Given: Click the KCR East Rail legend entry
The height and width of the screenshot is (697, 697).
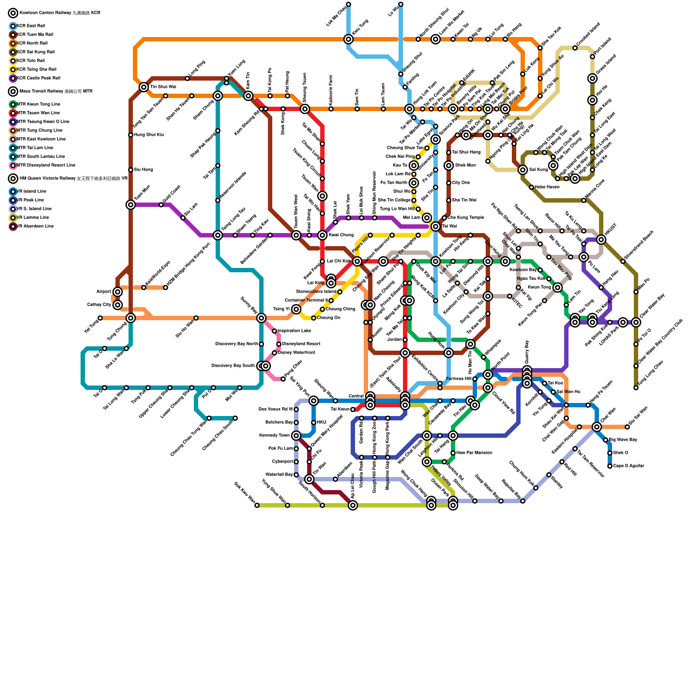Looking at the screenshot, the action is pyautogui.click(x=30, y=26).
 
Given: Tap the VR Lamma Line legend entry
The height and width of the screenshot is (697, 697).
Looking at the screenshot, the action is pyautogui.click(x=33, y=218).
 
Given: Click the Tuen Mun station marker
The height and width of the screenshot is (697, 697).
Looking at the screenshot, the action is pyautogui.click(x=131, y=205).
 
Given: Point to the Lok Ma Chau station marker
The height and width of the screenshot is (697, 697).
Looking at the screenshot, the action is pyautogui.click(x=348, y=4).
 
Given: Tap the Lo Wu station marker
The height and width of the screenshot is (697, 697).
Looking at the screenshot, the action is pyautogui.click(x=401, y=4).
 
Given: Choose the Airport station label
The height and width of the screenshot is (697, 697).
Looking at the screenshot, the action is pyautogui.click(x=104, y=292).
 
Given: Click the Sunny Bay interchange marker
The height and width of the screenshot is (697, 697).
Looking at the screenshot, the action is pyautogui.click(x=261, y=318).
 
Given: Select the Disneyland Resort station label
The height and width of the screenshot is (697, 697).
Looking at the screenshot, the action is pyautogui.click(x=301, y=344).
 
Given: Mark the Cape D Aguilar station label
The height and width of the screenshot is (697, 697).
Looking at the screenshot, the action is pyautogui.click(x=628, y=466).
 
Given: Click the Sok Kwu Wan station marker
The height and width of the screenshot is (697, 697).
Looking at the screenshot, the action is pyautogui.click(x=257, y=505).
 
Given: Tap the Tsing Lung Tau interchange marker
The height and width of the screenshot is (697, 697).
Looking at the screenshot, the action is pyautogui.click(x=218, y=235).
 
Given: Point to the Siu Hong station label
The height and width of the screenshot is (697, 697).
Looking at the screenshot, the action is pyautogui.click(x=143, y=170).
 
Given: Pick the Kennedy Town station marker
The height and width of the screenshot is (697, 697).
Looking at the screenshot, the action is pyautogui.click(x=296, y=436).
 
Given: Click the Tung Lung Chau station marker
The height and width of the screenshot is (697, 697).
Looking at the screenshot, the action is pyautogui.click(x=636, y=388).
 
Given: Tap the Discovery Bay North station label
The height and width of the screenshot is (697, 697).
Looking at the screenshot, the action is pyautogui.click(x=237, y=344).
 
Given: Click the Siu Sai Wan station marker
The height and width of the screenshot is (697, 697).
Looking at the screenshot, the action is pyautogui.click(x=627, y=427).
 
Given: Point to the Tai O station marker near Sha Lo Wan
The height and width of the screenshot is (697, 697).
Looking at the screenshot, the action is pyautogui.click(x=105, y=348).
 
